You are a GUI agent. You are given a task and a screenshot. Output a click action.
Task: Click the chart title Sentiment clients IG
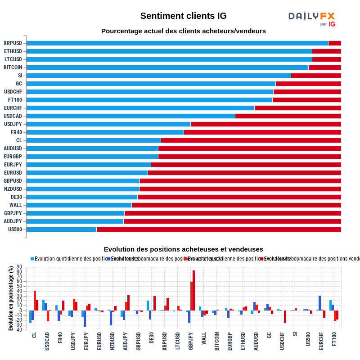pyautogui.click(x=183, y=16)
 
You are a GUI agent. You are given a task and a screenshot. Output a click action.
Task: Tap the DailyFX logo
pyautogui.click(x=311, y=19)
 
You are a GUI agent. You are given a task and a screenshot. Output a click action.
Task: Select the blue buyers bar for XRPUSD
pyautogui.click(x=177, y=43)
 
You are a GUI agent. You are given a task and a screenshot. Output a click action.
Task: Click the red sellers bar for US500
pyautogui.click(x=219, y=229)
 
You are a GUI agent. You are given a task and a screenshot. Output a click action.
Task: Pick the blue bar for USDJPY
pyautogui.click(x=108, y=124)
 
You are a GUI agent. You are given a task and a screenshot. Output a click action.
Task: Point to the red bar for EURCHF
pyautogui.click(x=297, y=108)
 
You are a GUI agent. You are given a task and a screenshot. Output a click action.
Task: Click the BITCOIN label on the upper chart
pyautogui.click(x=13, y=67)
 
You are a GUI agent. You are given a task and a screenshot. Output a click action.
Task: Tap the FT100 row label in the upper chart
pyautogui.click(x=14, y=100)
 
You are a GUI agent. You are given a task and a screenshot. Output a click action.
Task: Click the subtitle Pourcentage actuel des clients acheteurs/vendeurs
pyautogui.click(x=183, y=31)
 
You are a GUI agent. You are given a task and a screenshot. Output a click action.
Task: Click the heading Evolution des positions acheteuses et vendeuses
pyautogui.click(x=183, y=249)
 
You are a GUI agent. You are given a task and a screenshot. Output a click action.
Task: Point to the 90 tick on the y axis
pyautogui.click(x=19, y=267)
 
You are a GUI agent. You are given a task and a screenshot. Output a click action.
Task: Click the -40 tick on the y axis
pyautogui.click(x=18, y=330)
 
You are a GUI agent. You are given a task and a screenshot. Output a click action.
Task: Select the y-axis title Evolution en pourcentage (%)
pyautogui.click(x=11, y=298)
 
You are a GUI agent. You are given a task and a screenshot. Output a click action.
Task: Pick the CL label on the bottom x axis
pyautogui.click(x=34, y=336)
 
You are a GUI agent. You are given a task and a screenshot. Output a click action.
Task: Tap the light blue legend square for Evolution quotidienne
pyautogui.click(x=32, y=259)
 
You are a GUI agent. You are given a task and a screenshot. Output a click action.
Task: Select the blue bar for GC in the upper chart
pyautogui.click(x=151, y=84)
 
